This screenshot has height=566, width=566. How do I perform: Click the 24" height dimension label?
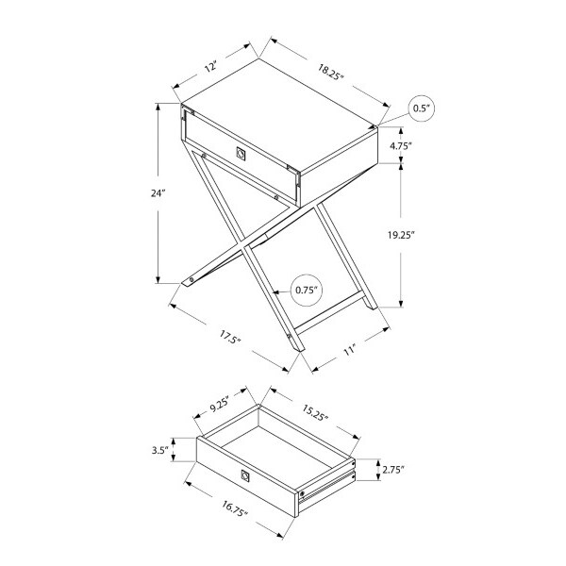[x=158, y=193]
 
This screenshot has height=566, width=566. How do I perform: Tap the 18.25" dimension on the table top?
[x=329, y=72]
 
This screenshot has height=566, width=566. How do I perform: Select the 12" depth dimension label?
[x=210, y=67]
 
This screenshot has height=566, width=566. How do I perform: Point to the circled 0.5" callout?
[x=422, y=108]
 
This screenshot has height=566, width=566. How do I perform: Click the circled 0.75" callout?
[x=306, y=290]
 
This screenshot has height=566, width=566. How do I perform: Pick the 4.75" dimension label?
[x=401, y=146]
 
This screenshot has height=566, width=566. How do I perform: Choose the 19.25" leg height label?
[x=401, y=235]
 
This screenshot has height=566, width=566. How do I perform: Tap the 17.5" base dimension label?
[x=230, y=338]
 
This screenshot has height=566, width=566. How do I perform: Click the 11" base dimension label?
[x=349, y=350]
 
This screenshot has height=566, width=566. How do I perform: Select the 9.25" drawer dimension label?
[x=220, y=405]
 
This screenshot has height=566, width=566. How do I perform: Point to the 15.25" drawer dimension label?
[x=314, y=413]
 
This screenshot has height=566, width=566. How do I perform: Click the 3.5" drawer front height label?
[x=160, y=450]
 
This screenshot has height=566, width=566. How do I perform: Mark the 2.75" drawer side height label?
[x=393, y=470]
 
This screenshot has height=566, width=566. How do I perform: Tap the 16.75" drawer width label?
[x=235, y=508]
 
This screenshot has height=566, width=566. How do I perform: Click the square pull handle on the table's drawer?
[x=241, y=153]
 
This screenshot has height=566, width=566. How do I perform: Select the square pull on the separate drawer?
[x=244, y=475]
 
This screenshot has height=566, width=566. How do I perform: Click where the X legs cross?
[x=244, y=247]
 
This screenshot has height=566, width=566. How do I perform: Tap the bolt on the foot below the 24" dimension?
[x=191, y=280]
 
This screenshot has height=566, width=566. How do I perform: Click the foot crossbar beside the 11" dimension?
[x=329, y=312]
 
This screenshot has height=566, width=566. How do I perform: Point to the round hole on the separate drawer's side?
[x=302, y=493]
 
